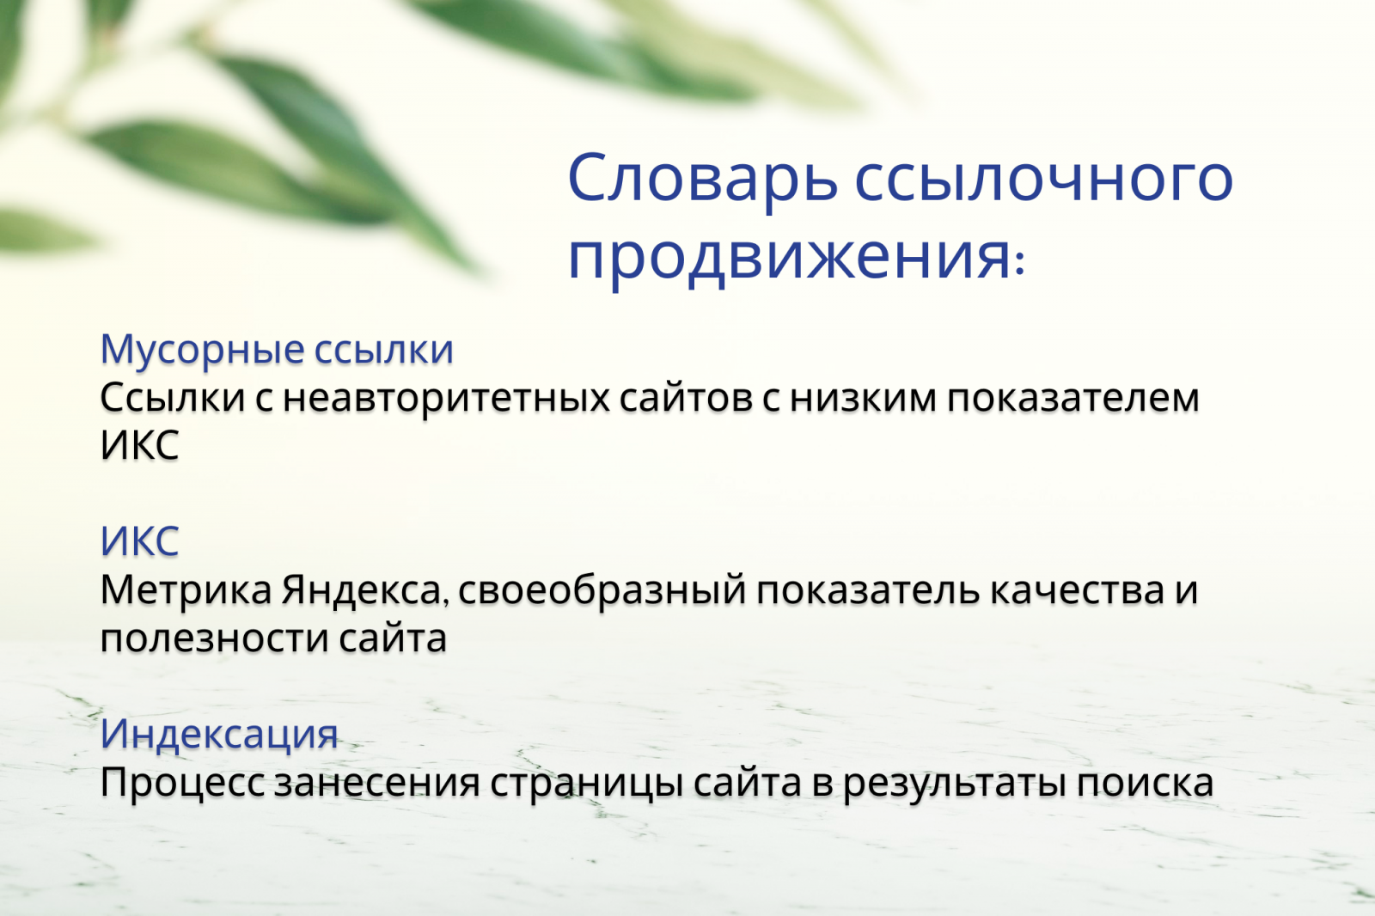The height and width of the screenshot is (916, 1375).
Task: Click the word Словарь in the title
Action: (702, 178)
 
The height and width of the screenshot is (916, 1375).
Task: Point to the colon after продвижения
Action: (1020, 263)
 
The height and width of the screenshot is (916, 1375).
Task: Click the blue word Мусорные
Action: (202, 350)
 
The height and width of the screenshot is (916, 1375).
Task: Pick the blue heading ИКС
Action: (139, 541)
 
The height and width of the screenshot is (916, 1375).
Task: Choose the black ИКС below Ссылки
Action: (139, 445)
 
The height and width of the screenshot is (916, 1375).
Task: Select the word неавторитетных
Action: (445, 398)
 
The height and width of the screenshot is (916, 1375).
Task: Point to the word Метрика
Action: (186, 590)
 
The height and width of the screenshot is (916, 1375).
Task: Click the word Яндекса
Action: (364, 590)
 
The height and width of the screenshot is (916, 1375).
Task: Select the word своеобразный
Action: (602, 590)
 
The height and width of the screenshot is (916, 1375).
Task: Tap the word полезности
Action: (214, 639)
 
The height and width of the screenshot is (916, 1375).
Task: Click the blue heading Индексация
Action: (219, 734)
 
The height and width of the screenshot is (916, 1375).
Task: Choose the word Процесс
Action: (182, 783)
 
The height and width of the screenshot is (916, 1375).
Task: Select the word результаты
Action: (954, 783)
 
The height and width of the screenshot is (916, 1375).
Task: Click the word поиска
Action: (1146, 783)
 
